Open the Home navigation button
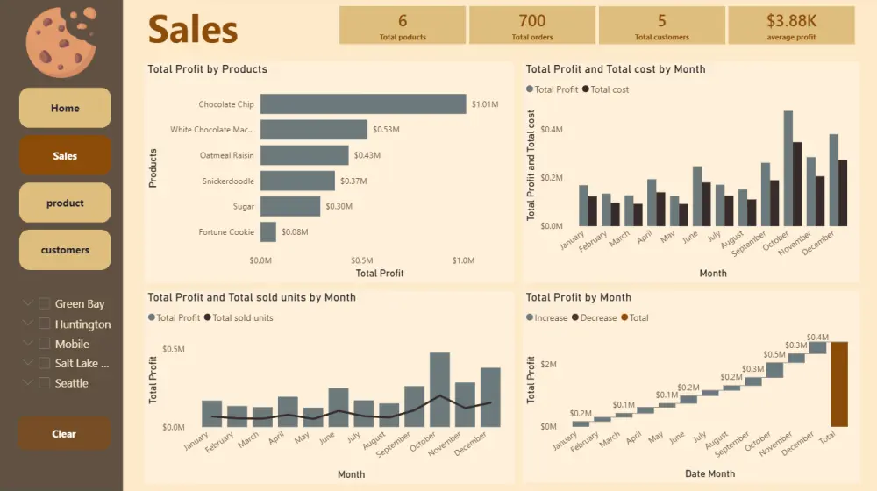coord(65,108)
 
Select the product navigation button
coord(65,203)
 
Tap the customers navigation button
coord(65,250)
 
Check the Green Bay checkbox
coord(45,303)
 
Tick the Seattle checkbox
coord(45,383)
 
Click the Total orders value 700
coord(531,21)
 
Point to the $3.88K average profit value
coord(791,21)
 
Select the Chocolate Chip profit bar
coord(363,104)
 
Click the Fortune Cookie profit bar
coord(268,232)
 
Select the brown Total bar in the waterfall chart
coord(839,384)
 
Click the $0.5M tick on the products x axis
coord(362,260)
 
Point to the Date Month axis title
coord(709,473)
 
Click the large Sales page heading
coord(193,30)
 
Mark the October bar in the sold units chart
coord(439,389)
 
